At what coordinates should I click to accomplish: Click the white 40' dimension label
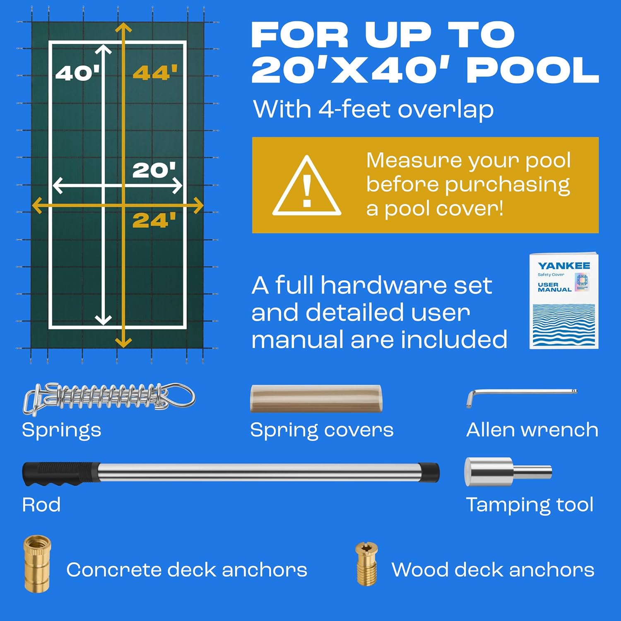[78, 73]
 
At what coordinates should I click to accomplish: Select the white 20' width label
[154, 170]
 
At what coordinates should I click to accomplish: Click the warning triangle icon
[307, 185]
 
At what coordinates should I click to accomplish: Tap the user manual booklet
[564, 301]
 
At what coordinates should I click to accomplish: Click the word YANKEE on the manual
[564, 266]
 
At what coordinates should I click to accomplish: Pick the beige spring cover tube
[316, 398]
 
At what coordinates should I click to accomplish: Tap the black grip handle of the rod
[61, 474]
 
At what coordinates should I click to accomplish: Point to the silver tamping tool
[508, 472]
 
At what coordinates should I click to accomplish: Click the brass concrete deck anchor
[37, 563]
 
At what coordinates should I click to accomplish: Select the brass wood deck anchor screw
[366, 564]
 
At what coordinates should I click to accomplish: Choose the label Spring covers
[322, 430]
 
